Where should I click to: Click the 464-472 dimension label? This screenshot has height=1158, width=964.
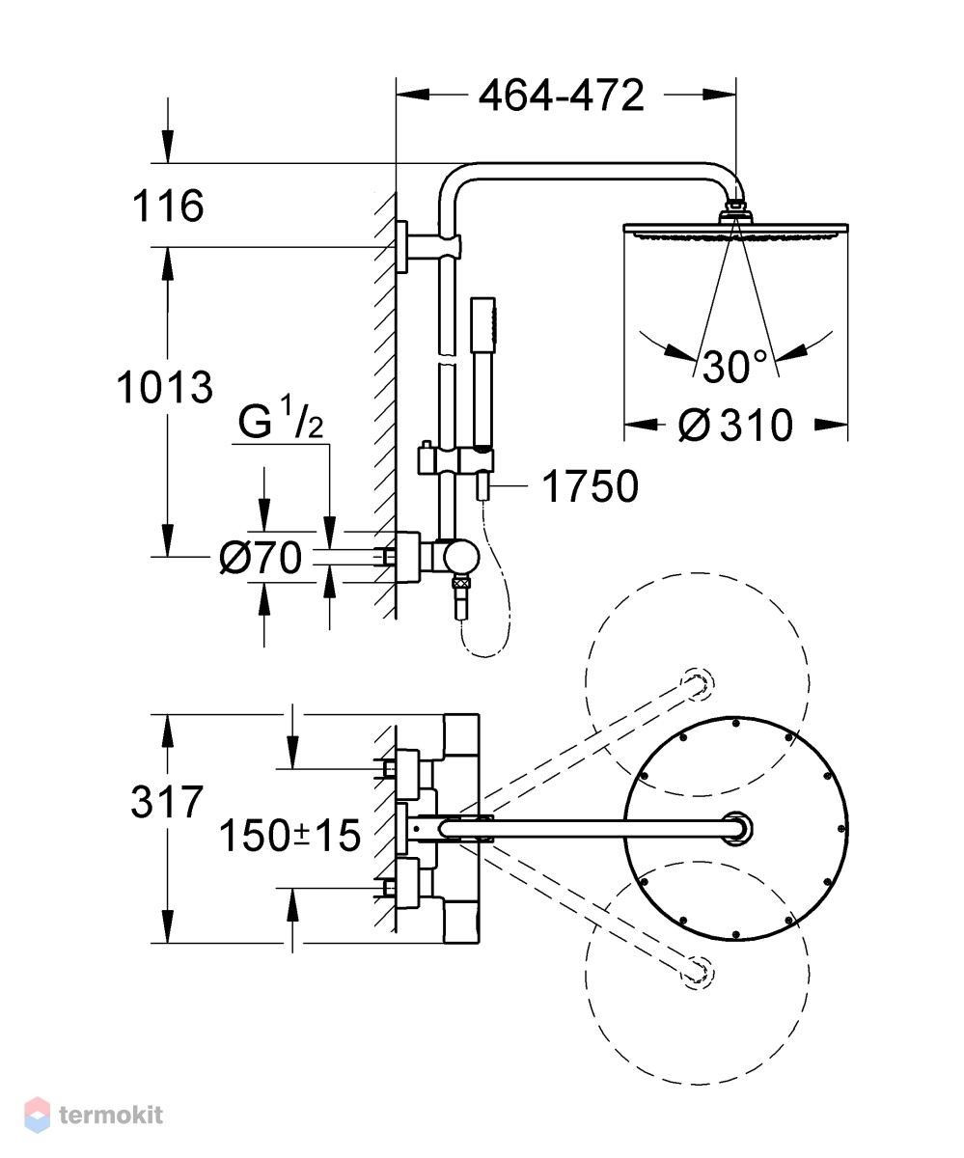point(561,95)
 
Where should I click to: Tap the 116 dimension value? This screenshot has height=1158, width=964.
point(168,206)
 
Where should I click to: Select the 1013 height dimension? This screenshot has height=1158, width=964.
point(165,387)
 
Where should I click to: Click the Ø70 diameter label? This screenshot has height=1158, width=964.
point(261,558)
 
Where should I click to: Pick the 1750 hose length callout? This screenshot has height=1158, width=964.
point(590,486)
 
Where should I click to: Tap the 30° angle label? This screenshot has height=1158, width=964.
point(735,366)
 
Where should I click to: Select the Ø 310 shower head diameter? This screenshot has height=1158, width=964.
point(735,426)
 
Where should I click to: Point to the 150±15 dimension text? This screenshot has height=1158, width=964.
point(289,836)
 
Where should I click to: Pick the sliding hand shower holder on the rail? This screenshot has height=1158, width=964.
point(455,460)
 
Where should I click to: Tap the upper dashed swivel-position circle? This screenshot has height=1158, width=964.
point(697,684)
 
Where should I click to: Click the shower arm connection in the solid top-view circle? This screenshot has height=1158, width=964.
point(737,829)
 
